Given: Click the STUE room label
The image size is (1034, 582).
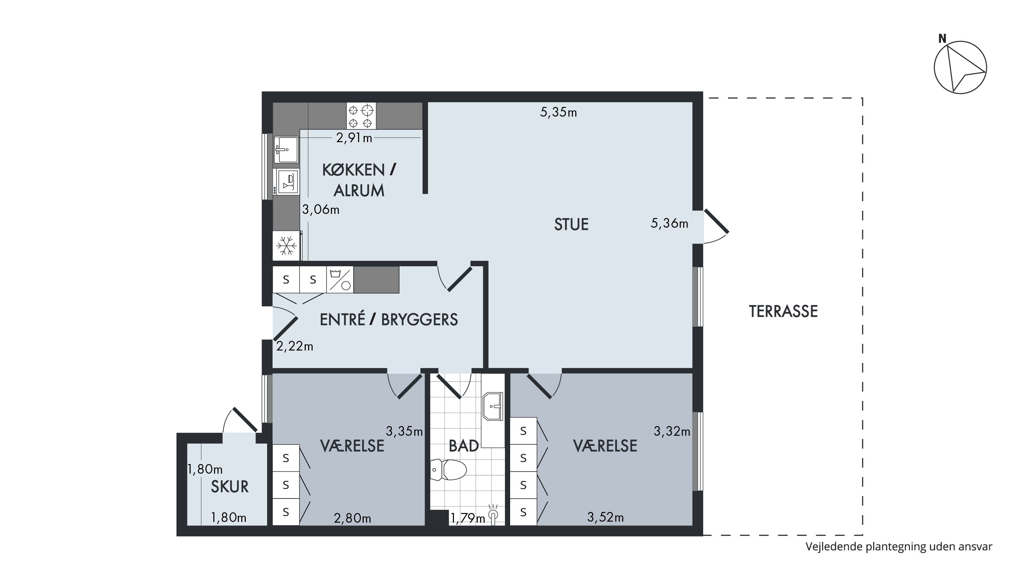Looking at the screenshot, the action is pyautogui.click(x=571, y=225).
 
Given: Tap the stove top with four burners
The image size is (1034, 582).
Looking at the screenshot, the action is pyautogui.click(x=361, y=116).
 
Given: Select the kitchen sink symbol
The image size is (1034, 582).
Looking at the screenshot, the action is pyautogui.click(x=286, y=149).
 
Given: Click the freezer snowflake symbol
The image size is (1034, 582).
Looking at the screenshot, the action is pyautogui.click(x=286, y=245).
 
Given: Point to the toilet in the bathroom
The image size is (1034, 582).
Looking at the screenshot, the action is pyautogui.click(x=448, y=470).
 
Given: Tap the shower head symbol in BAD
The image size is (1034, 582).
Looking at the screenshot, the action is pyautogui.click(x=493, y=513).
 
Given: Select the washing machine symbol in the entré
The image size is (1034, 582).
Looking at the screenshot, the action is pyautogui.click(x=340, y=279).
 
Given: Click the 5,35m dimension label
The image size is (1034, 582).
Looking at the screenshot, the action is pyautogui.click(x=558, y=112).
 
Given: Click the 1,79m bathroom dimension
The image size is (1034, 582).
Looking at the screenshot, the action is pyautogui.click(x=468, y=519).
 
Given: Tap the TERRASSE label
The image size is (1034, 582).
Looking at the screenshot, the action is pyautogui.click(x=783, y=312).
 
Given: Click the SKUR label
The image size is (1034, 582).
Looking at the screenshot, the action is pyautogui.click(x=230, y=487).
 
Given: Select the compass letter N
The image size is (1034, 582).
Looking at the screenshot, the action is pyautogui.click(x=942, y=39).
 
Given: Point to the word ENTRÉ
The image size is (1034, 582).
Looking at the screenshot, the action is pyautogui.click(x=342, y=320).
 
